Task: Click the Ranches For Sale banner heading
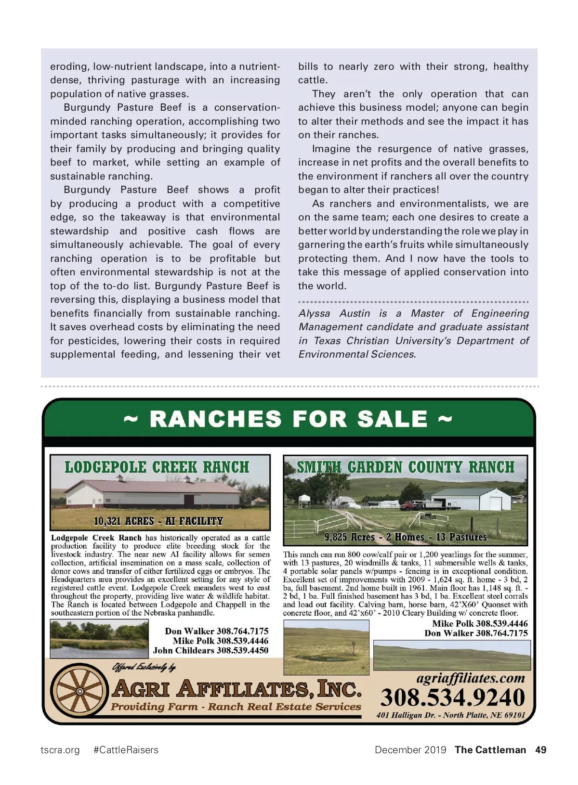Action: tap(288, 419)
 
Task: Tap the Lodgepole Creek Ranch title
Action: tap(157, 467)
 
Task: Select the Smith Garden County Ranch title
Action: tap(405, 467)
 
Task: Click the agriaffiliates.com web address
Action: tap(470, 678)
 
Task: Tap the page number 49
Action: tap(540, 749)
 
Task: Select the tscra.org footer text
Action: tap(60, 750)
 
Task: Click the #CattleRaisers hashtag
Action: tap(126, 750)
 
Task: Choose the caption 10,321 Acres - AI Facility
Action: tap(158, 521)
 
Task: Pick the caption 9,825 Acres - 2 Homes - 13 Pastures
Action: tap(406, 537)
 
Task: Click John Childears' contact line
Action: tap(210, 651)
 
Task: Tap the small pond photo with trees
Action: tap(99, 639)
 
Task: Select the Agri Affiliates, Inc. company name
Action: tap(236, 689)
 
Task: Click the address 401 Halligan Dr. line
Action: tap(450, 715)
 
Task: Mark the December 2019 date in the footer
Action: tap(410, 750)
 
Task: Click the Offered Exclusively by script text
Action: tap(144, 667)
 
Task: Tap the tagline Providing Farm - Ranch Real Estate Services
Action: tap(236, 707)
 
